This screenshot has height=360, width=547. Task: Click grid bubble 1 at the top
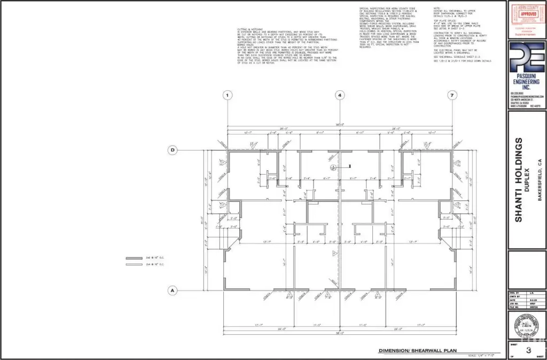click(228, 96)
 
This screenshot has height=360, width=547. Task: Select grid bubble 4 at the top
click(340, 96)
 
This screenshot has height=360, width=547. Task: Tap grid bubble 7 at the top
click(452, 96)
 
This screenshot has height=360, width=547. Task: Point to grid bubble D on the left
click(173, 151)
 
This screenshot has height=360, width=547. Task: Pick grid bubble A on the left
click(173, 291)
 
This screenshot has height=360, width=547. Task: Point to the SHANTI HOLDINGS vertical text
click(518, 179)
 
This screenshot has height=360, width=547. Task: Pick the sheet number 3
click(528, 350)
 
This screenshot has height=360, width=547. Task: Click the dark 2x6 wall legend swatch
click(134, 257)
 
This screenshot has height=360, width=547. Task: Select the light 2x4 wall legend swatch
click(134, 264)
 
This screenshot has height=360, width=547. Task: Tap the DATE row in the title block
click(526, 300)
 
